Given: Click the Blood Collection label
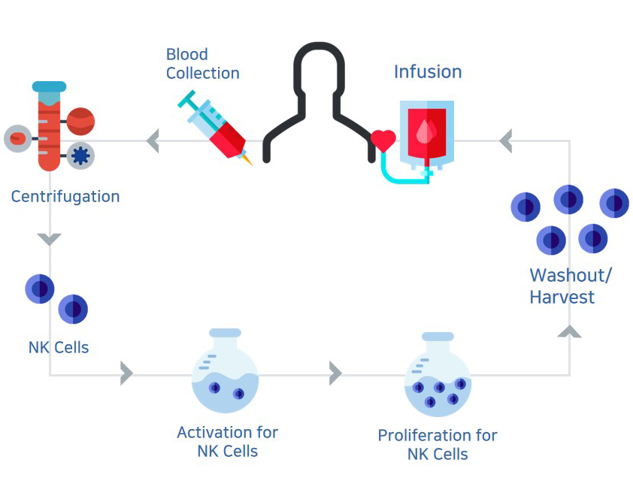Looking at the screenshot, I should pos(202,64).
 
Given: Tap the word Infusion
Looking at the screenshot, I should pos(428,72).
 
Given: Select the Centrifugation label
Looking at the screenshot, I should pos(65,197).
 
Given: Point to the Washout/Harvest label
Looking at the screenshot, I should pos(570,286).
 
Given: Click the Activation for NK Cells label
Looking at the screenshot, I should pos(227,442).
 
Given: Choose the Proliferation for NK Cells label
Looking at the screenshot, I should pos(437,444).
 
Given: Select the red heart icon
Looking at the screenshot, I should pos(383,141).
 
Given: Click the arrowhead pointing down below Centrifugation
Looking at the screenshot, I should pos(50,240).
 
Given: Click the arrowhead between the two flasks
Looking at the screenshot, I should pos(335,373).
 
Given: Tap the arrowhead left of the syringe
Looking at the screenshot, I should pos(153,141).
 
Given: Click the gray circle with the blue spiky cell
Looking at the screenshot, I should pos(80,156).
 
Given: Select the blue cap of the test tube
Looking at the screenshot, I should pos(49,87).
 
